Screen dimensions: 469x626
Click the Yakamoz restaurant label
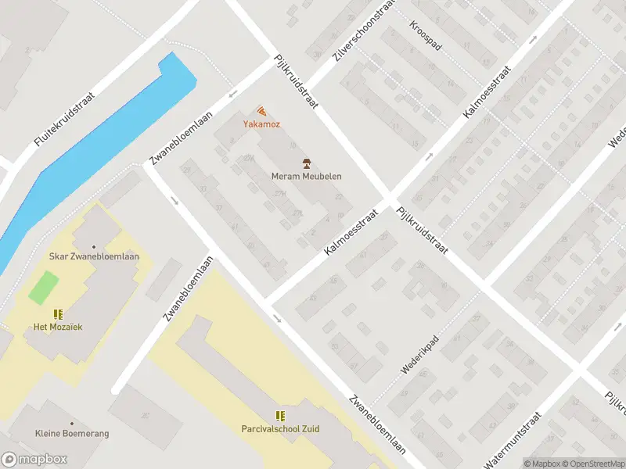click(261, 124)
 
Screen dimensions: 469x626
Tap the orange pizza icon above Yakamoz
click(261, 112)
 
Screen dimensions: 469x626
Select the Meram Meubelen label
click(307, 176)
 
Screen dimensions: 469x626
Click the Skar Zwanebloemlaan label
click(95, 257)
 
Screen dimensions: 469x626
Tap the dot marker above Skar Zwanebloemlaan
click(95, 246)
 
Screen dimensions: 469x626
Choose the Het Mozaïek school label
click(57, 327)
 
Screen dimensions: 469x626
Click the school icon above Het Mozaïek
click(58, 314)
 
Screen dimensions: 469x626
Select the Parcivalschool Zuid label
click(280, 428)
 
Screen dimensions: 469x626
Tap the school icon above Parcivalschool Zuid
click(280, 416)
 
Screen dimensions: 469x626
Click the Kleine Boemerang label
click(72, 433)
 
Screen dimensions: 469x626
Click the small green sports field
click(44, 287)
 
